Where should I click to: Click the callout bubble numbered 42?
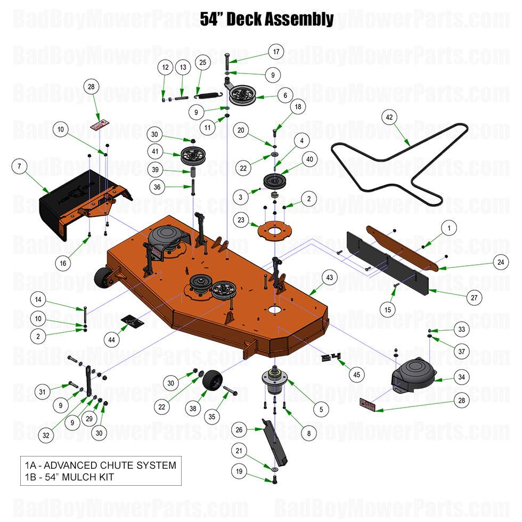(x=389, y=117)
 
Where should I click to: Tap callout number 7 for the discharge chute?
(x=19, y=166)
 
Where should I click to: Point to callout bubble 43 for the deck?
(x=330, y=277)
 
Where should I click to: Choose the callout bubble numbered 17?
(x=276, y=52)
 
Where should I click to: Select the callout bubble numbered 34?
(x=462, y=377)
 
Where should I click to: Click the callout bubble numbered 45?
(x=356, y=374)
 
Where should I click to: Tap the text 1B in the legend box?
(x=31, y=477)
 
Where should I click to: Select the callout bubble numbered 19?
(x=240, y=471)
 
